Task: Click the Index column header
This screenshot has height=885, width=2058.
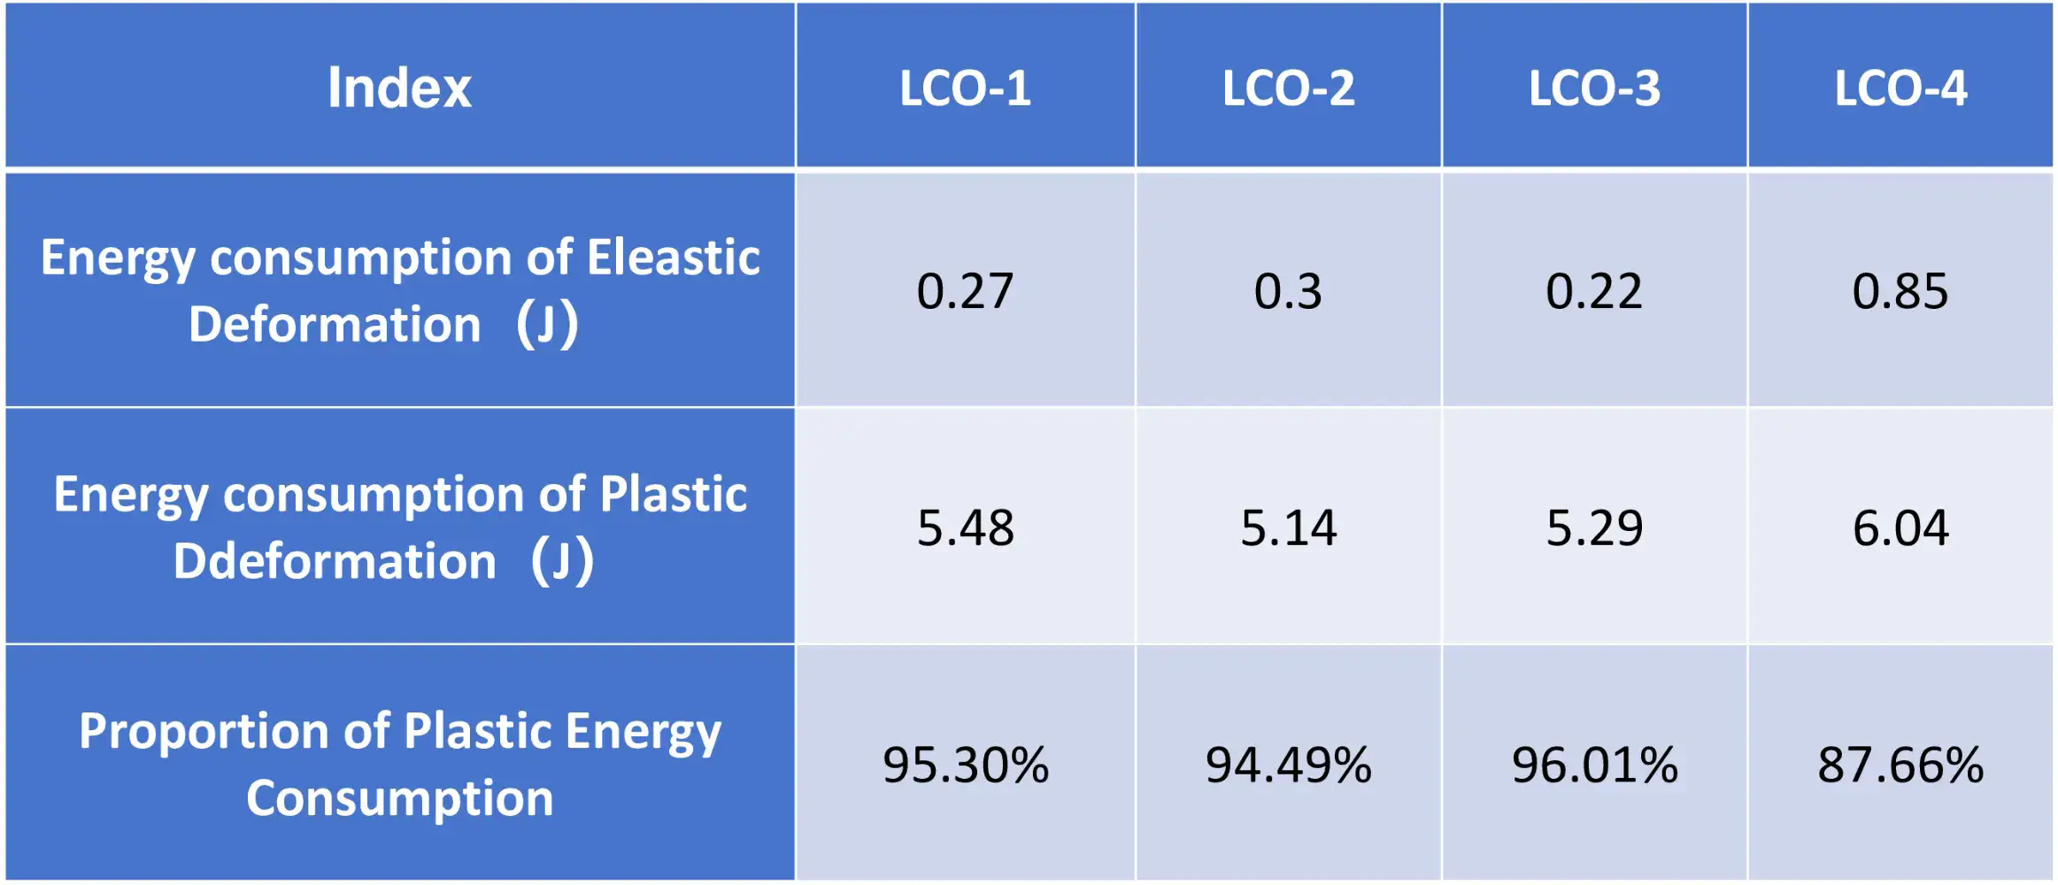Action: [399, 88]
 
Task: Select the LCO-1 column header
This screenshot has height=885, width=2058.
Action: [965, 88]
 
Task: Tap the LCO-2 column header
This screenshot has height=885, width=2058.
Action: [1288, 88]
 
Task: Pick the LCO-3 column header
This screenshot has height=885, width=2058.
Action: [1594, 88]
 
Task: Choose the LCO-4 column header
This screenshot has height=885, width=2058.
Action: [1900, 88]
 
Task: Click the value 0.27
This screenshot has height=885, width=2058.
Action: [965, 291]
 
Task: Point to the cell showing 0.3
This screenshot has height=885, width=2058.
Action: [1288, 291]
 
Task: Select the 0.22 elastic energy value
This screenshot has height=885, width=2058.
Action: [1594, 291]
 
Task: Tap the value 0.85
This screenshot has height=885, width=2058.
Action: [1900, 291]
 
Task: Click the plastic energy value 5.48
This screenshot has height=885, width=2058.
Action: [965, 527]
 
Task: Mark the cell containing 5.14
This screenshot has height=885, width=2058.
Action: [1288, 527]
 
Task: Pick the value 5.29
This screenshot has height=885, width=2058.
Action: [1594, 527]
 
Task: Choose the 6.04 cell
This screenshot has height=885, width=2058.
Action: [1900, 527]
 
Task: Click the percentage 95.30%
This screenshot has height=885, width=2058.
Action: [965, 765]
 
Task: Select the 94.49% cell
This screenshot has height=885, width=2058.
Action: [1288, 765]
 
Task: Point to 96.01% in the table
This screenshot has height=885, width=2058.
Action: [1594, 765]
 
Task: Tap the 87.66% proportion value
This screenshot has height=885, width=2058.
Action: [1900, 765]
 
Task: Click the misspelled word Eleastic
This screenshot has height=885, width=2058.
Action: [673, 258]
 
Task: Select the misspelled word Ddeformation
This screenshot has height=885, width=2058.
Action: [335, 561]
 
